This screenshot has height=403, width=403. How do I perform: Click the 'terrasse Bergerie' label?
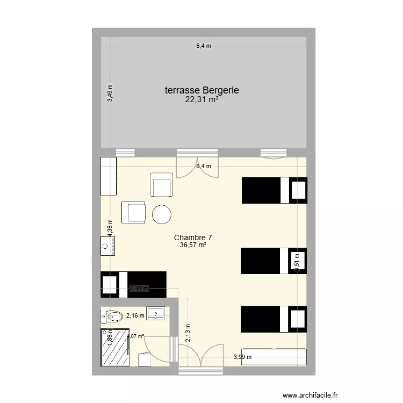[x=201, y=91]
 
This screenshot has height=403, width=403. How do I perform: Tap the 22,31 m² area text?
[x=201, y=99]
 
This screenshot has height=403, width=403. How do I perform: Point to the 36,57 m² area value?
[x=193, y=245]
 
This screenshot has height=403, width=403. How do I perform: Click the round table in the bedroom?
[x=162, y=214]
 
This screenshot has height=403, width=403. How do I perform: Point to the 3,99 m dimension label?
[x=242, y=357]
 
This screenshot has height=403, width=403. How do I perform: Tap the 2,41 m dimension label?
[x=138, y=288]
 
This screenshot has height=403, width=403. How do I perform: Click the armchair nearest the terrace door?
[x=161, y=185]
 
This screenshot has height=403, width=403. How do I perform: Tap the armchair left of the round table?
[x=134, y=211]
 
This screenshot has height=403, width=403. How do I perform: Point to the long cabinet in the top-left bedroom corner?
[x=109, y=176]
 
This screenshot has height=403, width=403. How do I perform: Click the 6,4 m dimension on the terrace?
[x=203, y=46]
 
